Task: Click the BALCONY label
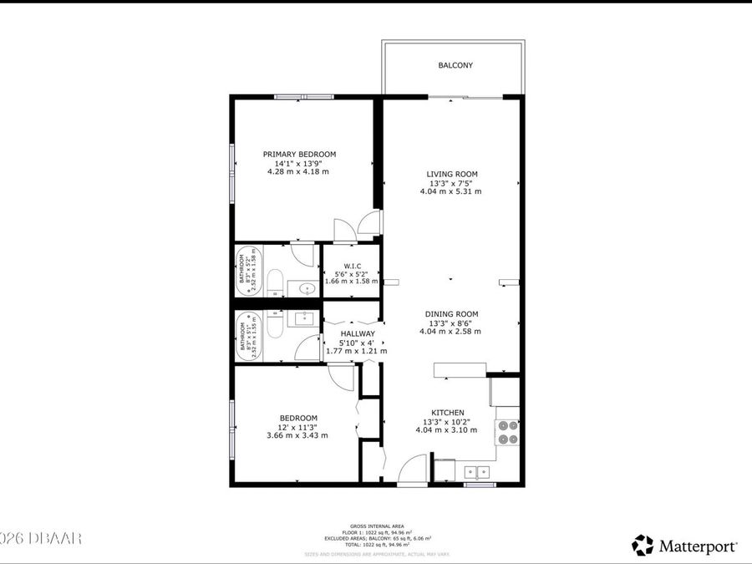click(452, 65)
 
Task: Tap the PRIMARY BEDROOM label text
click(299, 154)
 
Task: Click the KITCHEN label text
click(447, 413)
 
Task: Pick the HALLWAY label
click(357, 333)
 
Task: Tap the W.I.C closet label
click(351, 267)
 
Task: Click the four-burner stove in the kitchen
click(507, 430)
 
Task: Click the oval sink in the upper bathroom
click(306, 288)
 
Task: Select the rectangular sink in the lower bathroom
click(304, 318)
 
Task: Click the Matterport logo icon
click(642, 546)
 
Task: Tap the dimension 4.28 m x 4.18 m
click(298, 172)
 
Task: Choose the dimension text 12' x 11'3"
click(297, 427)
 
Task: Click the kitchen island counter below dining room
click(460, 370)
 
